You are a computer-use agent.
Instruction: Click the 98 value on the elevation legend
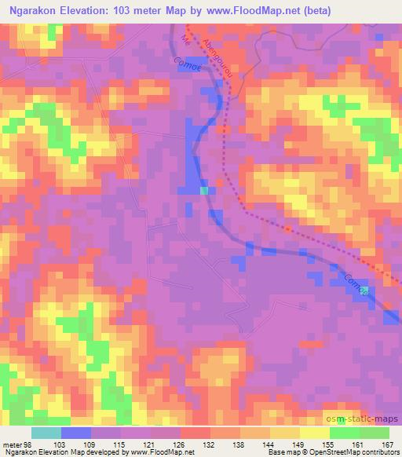[29, 444]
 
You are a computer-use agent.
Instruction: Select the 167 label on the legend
[386, 444]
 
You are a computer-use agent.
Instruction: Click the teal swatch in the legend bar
[46, 433]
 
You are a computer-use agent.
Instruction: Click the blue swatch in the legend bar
[76, 433]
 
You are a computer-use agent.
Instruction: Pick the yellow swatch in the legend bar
[314, 433]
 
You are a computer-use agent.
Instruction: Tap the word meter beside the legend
[12, 444]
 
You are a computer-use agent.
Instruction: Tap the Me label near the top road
[185, 39]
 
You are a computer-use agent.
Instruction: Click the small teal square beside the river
[204, 190]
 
